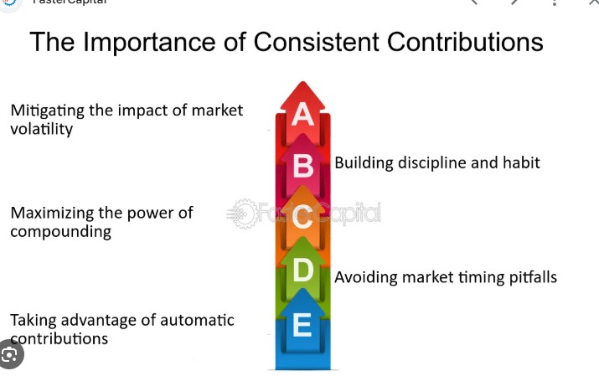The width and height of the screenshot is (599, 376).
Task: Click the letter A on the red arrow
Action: point(302,115)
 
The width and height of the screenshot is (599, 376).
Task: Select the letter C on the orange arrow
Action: point(302,221)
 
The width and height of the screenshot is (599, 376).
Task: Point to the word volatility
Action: point(41,130)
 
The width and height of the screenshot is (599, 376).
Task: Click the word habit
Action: point(519,162)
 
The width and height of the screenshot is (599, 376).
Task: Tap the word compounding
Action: point(60,232)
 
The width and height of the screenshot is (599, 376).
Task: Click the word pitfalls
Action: point(532,277)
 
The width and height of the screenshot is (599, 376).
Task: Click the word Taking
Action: point(33,321)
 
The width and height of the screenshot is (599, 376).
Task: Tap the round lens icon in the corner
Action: point(10,355)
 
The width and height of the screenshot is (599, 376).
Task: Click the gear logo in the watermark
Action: point(243,214)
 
